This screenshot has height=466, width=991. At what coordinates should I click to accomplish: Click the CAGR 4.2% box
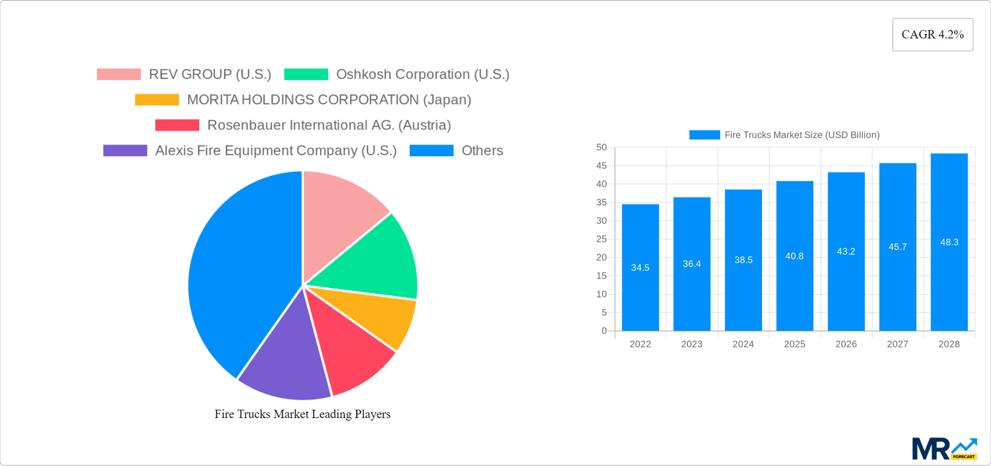tap(932, 35)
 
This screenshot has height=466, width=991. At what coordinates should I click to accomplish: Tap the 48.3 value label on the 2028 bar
tap(949, 242)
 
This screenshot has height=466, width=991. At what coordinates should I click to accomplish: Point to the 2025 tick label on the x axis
tap(794, 344)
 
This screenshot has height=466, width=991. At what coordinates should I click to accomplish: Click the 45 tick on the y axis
tap(601, 166)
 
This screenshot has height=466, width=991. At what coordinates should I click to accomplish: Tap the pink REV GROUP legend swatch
tap(119, 74)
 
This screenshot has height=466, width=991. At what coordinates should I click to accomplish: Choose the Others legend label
tap(482, 151)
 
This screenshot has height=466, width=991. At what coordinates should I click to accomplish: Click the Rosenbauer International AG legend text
tap(329, 125)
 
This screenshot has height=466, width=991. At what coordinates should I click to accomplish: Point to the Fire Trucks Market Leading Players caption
tap(302, 414)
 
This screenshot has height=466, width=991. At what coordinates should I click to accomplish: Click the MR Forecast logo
tap(944, 449)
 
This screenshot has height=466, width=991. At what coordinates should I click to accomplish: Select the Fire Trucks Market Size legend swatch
tap(704, 135)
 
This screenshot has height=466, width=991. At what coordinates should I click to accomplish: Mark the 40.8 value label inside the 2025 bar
tap(794, 256)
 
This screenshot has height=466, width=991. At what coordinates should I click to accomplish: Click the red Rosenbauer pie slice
tap(351, 351)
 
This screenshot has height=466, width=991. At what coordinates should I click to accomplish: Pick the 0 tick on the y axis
tap(604, 331)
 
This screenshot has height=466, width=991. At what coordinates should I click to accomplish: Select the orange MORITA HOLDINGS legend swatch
tap(157, 100)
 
